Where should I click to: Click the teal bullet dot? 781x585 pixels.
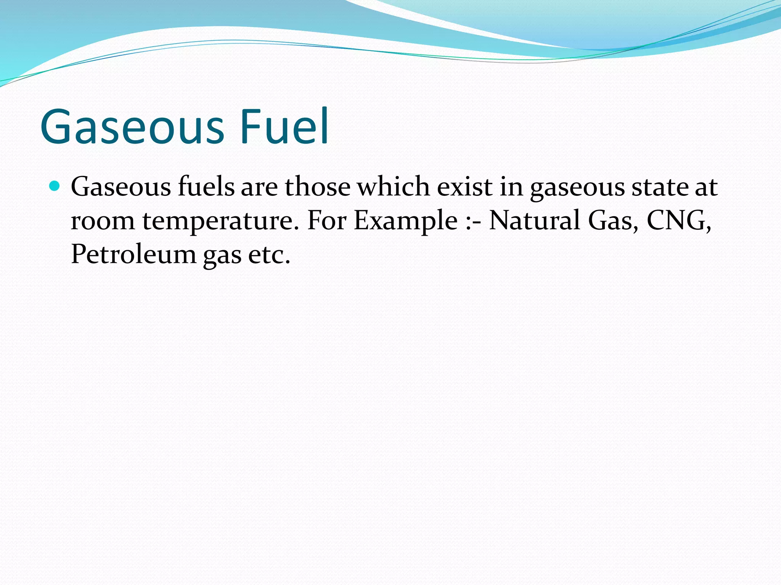pos(55,186)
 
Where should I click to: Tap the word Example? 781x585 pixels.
pos(405,221)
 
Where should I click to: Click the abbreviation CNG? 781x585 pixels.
pos(678,221)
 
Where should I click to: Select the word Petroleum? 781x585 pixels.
pos(133,254)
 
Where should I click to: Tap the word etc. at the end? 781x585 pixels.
pos(269,254)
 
